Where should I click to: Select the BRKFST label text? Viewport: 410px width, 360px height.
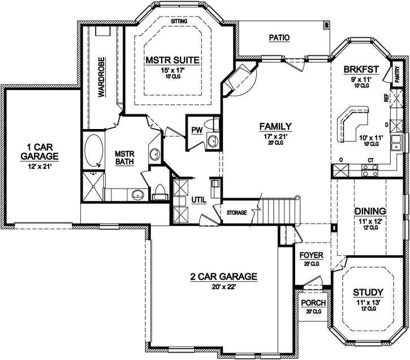coord(360,70)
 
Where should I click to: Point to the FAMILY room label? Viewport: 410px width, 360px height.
coord(275,126)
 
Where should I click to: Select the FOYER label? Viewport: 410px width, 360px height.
coord(312,256)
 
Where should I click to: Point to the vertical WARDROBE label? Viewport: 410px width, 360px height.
coord(102,78)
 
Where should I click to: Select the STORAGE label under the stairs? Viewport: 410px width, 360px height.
coord(236,213)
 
